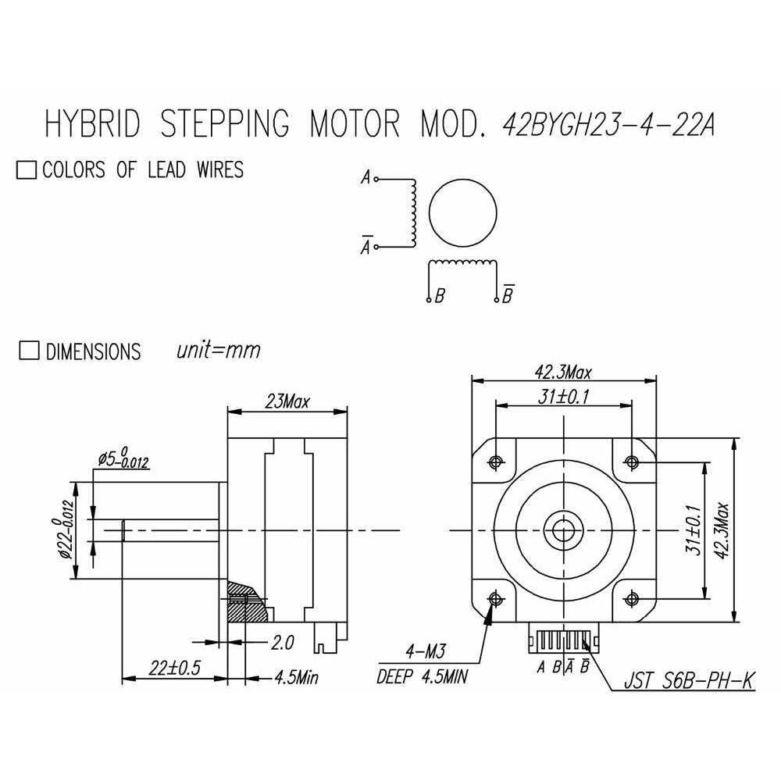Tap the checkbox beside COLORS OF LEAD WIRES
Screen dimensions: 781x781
pos(27,169)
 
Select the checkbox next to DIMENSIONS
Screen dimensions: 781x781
pos(29,350)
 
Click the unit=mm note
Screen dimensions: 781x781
pos(218,350)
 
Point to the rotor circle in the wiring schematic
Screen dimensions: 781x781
pos(462,212)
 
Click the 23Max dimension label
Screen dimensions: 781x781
pos(287,401)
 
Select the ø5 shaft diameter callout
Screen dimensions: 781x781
pos(123,459)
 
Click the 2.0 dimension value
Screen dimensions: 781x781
pos(282,643)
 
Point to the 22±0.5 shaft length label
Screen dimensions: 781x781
pos(174,668)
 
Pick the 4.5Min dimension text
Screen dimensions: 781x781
pos(296,677)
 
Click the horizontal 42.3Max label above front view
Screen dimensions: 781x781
pos(563,372)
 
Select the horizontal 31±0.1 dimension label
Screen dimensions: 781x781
pos(563,397)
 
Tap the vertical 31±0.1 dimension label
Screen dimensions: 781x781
pos(694,530)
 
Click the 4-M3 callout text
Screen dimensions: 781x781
pos(426,651)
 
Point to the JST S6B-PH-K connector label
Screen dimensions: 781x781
pos(690,680)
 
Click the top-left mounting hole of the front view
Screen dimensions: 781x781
pos(496,462)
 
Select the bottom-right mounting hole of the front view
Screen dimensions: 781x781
pos(632,597)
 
